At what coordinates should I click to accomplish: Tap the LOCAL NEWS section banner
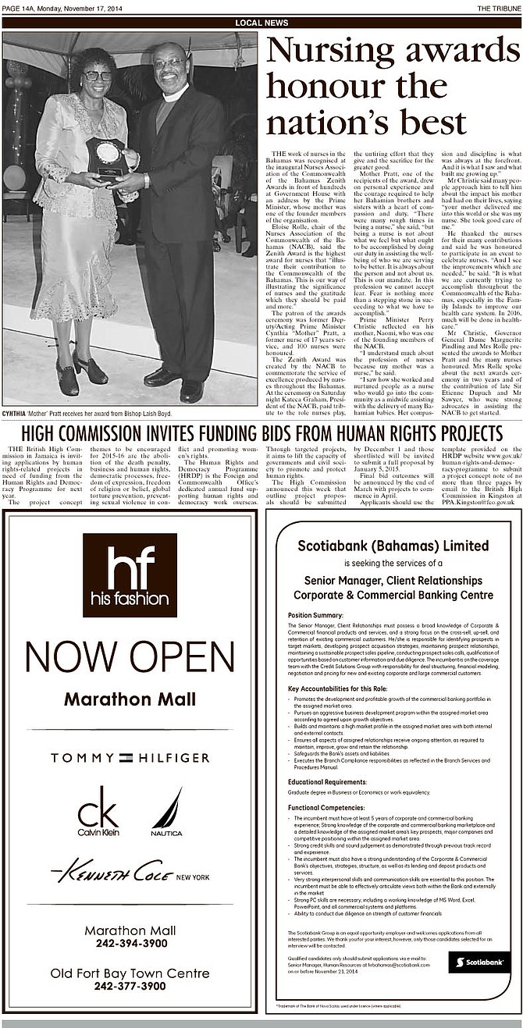pyautogui.click(x=261, y=23)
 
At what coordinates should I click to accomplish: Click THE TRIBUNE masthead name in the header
pyautogui.click(x=494, y=7)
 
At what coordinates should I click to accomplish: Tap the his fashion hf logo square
pyautogui.click(x=130, y=575)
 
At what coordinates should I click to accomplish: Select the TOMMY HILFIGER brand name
pyautogui.click(x=130, y=758)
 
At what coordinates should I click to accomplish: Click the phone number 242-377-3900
pyautogui.click(x=130, y=986)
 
